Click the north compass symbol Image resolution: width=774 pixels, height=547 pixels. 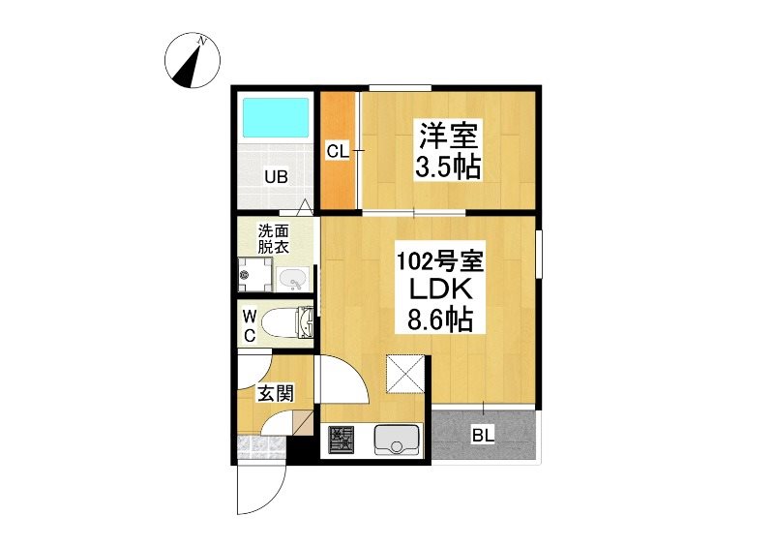point(193,60)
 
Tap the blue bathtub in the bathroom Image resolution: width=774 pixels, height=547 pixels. point(276,118)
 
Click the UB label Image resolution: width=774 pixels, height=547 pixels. point(276,176)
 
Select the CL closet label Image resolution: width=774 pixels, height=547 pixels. point(337,151)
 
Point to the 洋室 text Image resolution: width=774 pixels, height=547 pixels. point(448,136)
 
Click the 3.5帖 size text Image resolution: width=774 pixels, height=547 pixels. point(448,167)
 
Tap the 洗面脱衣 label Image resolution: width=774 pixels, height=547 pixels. point(274,239)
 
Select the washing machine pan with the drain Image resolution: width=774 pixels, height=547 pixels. point(254,275)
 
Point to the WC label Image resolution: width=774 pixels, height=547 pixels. point(250,325)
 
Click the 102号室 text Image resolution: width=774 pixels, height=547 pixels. point(440,260)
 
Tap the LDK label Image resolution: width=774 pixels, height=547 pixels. point(440,290)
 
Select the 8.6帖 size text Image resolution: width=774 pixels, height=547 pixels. point(440,320)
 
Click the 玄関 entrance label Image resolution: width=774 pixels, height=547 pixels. point(276,393)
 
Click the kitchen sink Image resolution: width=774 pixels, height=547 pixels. point(397,440)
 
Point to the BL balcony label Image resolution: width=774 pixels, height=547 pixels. point(483,436)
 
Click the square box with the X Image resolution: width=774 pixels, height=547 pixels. point(404,373)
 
